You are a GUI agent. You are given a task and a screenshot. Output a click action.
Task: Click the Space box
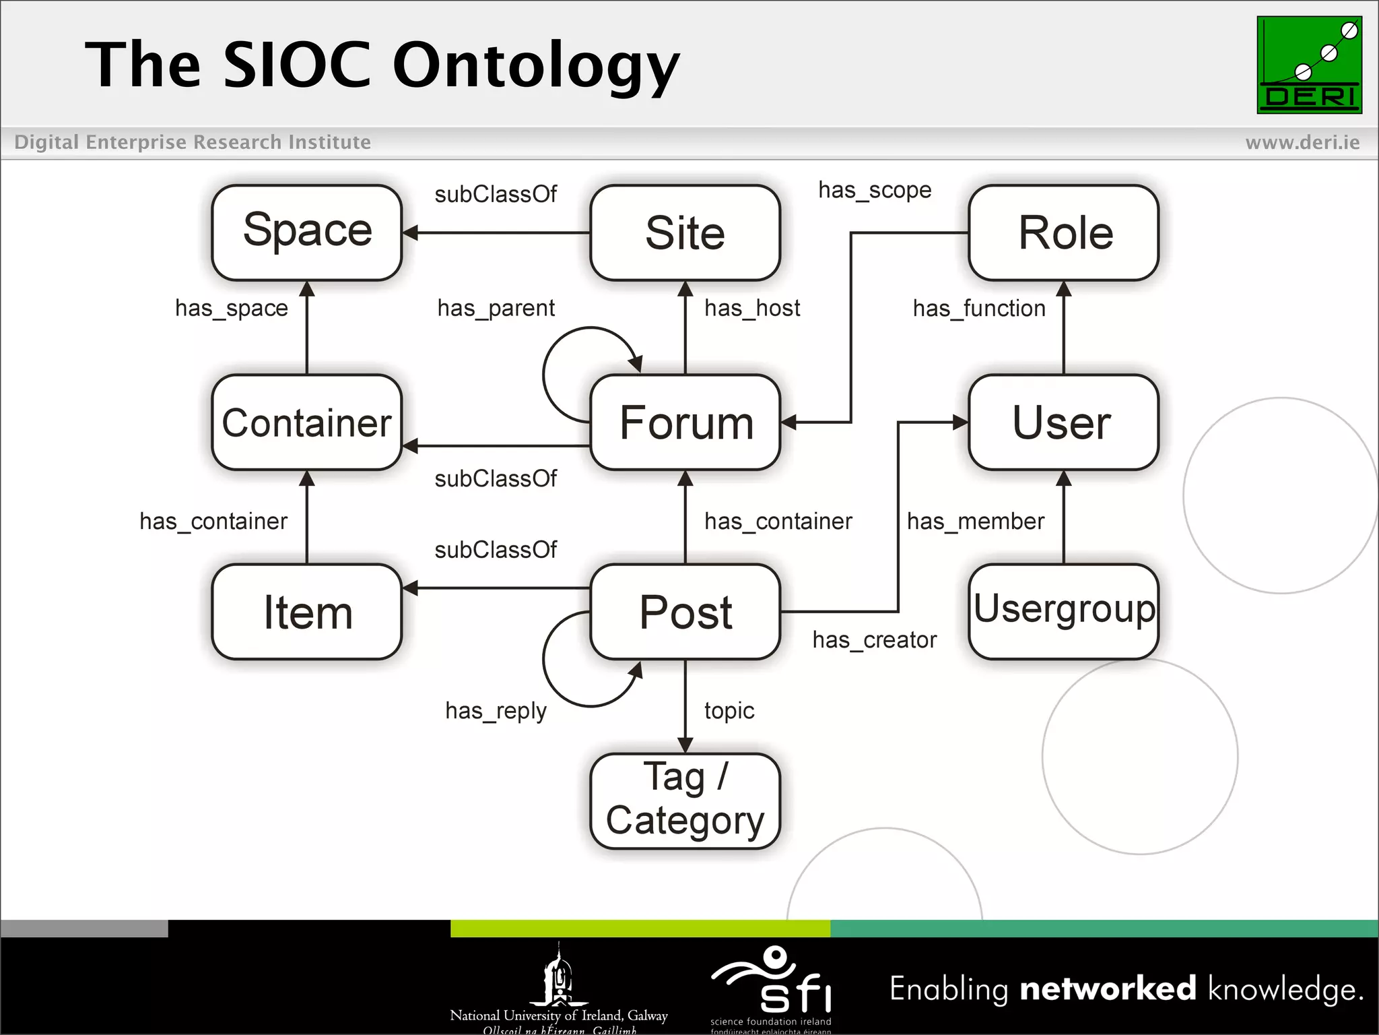(x=307, y=232)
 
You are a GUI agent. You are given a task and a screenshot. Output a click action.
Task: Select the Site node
(x=685, y=232)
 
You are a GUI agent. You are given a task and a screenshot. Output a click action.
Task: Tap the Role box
(x=1063, y=232)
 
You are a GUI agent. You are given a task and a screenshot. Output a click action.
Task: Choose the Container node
(x=307, y=422)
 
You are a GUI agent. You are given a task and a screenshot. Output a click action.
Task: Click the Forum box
(x=685, y=422)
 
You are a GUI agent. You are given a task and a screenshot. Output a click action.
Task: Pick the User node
(x=1063, y=422)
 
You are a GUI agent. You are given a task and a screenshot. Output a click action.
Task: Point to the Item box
(x=307, y=612)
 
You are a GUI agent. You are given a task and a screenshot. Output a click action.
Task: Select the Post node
(x=685, y=612)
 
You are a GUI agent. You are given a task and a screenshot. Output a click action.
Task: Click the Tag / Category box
(x=685, y=801)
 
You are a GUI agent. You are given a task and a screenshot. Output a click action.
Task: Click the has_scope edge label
(x=875, y=191)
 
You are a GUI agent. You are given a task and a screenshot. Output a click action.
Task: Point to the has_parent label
(x=496, y=309)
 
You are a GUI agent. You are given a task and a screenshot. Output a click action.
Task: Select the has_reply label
(x=496, y=712)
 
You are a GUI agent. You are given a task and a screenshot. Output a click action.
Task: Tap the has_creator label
(x=874, y=640)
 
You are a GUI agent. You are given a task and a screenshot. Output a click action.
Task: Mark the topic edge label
(x=729, y=711)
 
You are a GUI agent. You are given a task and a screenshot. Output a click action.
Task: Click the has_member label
(x=975, y=522)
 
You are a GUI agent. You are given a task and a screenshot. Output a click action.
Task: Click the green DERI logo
(x=1309, y=65)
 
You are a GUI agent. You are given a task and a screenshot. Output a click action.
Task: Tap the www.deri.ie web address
(x=1302, y=142)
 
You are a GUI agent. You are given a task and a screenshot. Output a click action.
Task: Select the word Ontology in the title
(x=536, y=66)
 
